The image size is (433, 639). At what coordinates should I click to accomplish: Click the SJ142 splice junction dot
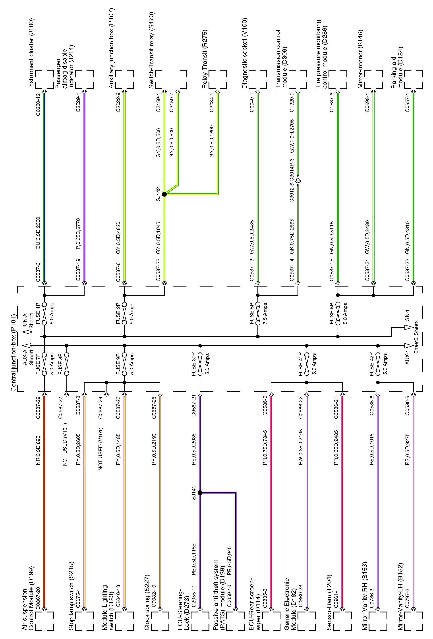pyautogui.click(x=164, y=194)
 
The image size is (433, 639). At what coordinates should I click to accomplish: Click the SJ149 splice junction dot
pyautogui.click(x=200, y=493)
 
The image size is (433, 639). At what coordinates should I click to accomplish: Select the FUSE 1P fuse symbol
pyautogui.click(x=44, y=314)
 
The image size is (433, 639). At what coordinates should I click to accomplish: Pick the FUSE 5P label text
pyautogui.click(x=252, y=314)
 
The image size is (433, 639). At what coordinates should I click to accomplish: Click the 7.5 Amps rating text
pyautogui.click(x=265, y=314)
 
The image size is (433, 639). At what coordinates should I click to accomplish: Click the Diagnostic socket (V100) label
pyautogui.click(x=245, y=53)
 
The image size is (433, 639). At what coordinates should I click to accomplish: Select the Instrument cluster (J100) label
pyautogui.click(x=31, y=53)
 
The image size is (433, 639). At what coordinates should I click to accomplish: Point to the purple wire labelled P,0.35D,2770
pyautogui.click(x=85, y=187)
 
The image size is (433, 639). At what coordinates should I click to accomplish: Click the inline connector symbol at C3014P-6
pyautogui.click(x=298, y=180)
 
